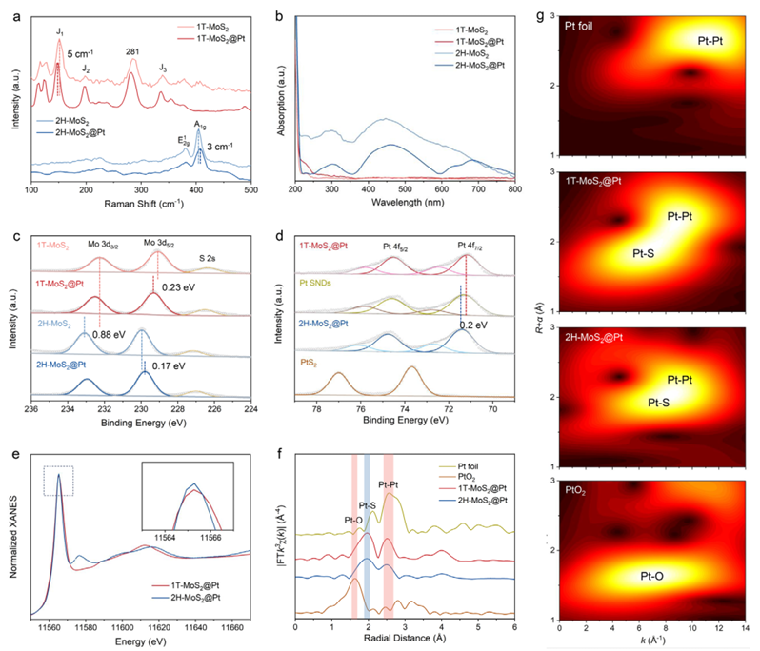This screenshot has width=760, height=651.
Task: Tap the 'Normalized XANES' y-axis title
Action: [10, 533]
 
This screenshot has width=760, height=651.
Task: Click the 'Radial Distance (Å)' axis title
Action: [405, 641]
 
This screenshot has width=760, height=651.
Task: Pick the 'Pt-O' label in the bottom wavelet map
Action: [648, 576]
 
